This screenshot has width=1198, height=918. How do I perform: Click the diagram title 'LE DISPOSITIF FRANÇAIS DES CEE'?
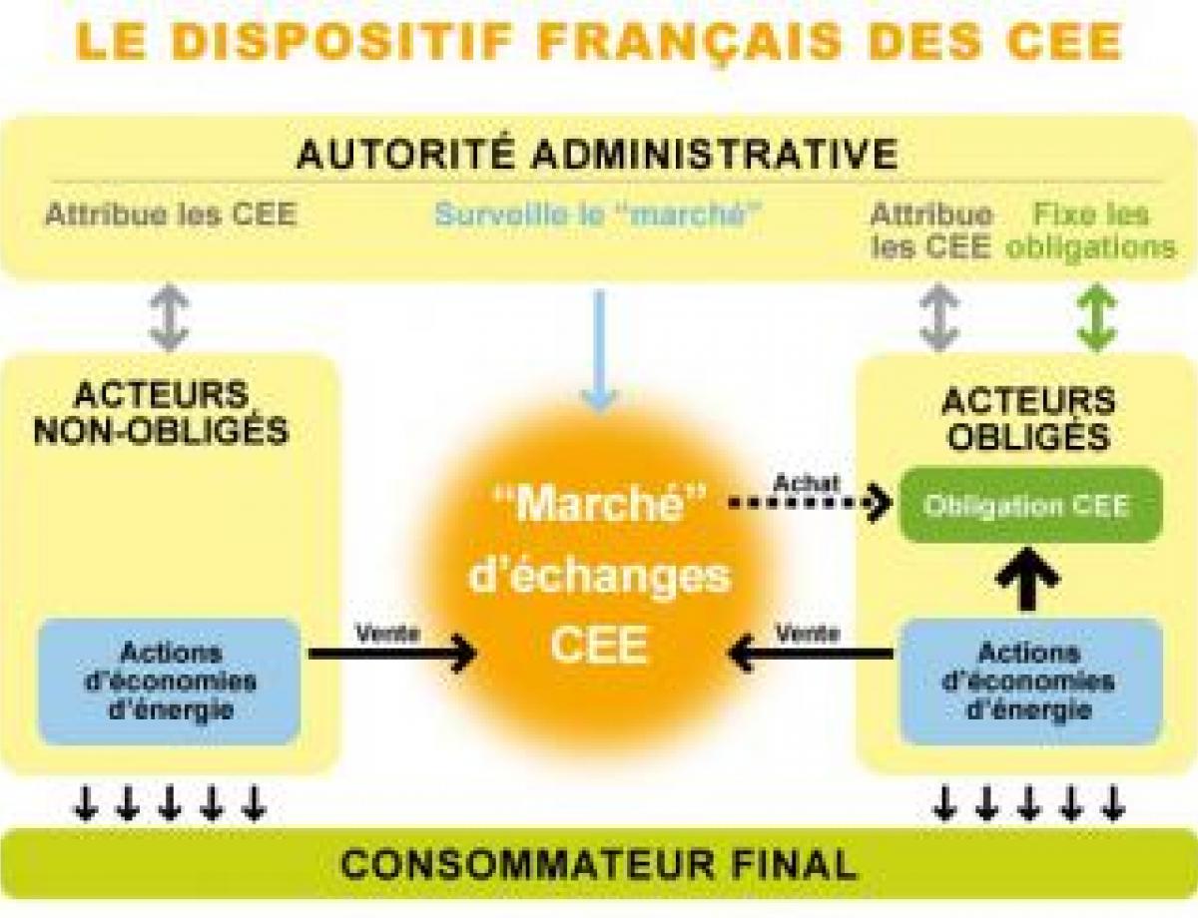(x=599, y=41)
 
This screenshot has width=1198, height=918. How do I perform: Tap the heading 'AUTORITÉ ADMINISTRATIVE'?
(x=598, y=154)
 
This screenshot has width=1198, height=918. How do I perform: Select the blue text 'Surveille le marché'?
(x=598, y=214)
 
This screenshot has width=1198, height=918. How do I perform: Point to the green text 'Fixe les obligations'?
(x=1091, y=230)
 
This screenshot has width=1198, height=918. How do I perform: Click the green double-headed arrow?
(x=1096, y=317)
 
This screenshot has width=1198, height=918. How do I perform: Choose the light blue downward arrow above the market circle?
(x=599, y=351)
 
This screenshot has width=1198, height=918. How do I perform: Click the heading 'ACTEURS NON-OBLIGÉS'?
(x=162, y=412)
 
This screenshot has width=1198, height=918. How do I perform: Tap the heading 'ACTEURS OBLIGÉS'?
(x=1028, y=418)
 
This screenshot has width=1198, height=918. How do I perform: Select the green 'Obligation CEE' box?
(x=1031, y=505)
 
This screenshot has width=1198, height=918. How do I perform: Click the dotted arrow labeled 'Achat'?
(x=811, y=502)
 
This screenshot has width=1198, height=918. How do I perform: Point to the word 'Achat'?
(x=806, y=483)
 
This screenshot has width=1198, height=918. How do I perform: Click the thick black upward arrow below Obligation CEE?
(x=1027, y=579)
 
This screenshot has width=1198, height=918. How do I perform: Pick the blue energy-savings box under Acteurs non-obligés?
(x=170, y=682)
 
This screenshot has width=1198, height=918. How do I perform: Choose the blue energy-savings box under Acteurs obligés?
(x=1031, y=682)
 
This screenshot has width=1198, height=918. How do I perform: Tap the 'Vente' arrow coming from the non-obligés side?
(x=392, y=654)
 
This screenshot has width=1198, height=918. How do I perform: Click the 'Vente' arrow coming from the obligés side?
(x=811, y=654)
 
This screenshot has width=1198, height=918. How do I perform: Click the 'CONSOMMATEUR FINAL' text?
(x=599, y=863)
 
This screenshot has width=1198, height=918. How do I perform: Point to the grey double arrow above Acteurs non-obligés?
(x=170, y=317)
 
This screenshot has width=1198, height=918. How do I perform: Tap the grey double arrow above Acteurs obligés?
(x=939, y=317)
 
